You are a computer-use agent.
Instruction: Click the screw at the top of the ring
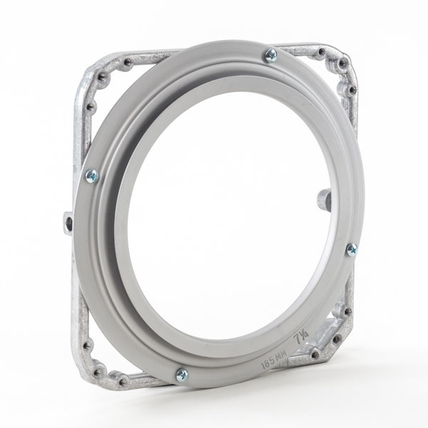270,55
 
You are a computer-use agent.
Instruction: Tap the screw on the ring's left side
91,176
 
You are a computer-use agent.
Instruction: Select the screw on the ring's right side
352,250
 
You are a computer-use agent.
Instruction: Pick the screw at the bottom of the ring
182,374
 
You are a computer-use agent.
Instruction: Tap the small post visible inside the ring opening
322,198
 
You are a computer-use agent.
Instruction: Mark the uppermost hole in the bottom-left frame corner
88,346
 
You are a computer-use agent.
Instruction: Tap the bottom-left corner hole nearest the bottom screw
122,382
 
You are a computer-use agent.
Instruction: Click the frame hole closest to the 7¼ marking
314,353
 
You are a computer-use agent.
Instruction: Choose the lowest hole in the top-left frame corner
90,108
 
